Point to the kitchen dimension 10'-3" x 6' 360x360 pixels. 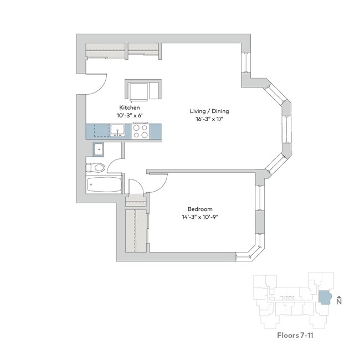(x=130, y=115)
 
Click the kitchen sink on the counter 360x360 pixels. (x=117, y=131)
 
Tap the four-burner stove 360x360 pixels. (x=140, y=131)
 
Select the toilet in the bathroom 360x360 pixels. (x=96, y=168)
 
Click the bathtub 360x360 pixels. (x=104, y=185)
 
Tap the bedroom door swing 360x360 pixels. (x=156, y=181)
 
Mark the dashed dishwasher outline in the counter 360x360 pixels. (x=100, y=131)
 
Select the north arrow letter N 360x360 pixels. (x=339, y=302)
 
